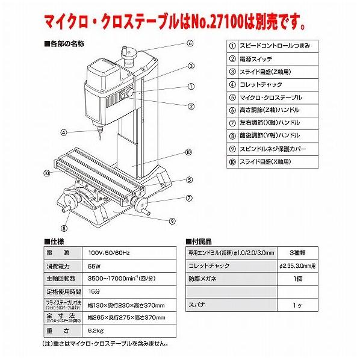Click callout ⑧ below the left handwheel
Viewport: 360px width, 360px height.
click(64, 228)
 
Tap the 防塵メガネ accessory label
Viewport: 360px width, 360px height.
click(205, 279)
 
